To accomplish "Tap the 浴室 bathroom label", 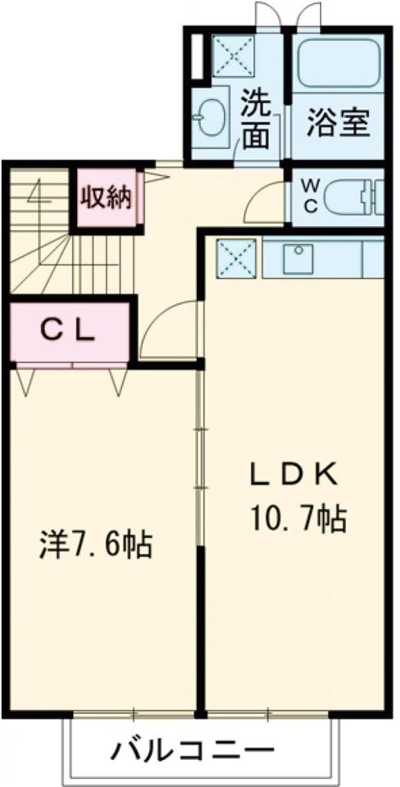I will coord(339,122).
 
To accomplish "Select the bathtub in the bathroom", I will coord(339,65).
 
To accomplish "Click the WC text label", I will coord(311,196).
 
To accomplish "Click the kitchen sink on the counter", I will coord(298,258).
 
